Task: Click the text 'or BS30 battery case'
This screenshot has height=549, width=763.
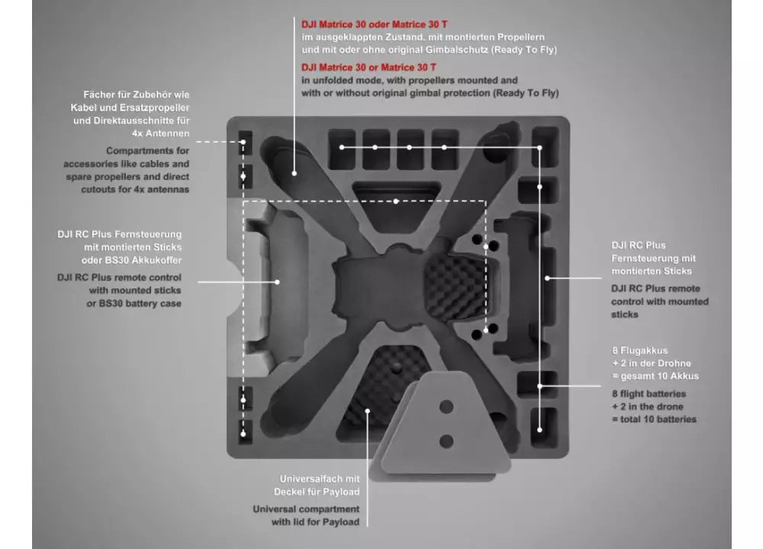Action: click(x=137, y=304)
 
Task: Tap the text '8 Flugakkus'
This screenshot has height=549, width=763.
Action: click(x=639, y=350)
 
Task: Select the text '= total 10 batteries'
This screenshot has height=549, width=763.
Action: click(x=654, y=419)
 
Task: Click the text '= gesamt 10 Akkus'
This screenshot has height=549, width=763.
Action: click(x=655, y=376)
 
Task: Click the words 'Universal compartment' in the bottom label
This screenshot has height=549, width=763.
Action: click(x=306, y=509)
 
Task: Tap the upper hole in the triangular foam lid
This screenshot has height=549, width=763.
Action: click(x=446, y=406)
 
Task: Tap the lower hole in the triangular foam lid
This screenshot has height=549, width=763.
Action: click(x=446, y=441)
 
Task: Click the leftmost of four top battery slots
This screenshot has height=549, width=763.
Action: click(x=341, y=147)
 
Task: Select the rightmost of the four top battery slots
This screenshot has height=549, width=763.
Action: click(x=444, y=147)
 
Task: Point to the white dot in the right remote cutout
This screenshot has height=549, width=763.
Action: click(x=547, y=278)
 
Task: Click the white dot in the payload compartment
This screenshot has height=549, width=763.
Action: click(x=368, y=411)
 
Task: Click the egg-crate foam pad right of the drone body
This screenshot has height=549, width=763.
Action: click(x=455, y=287)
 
